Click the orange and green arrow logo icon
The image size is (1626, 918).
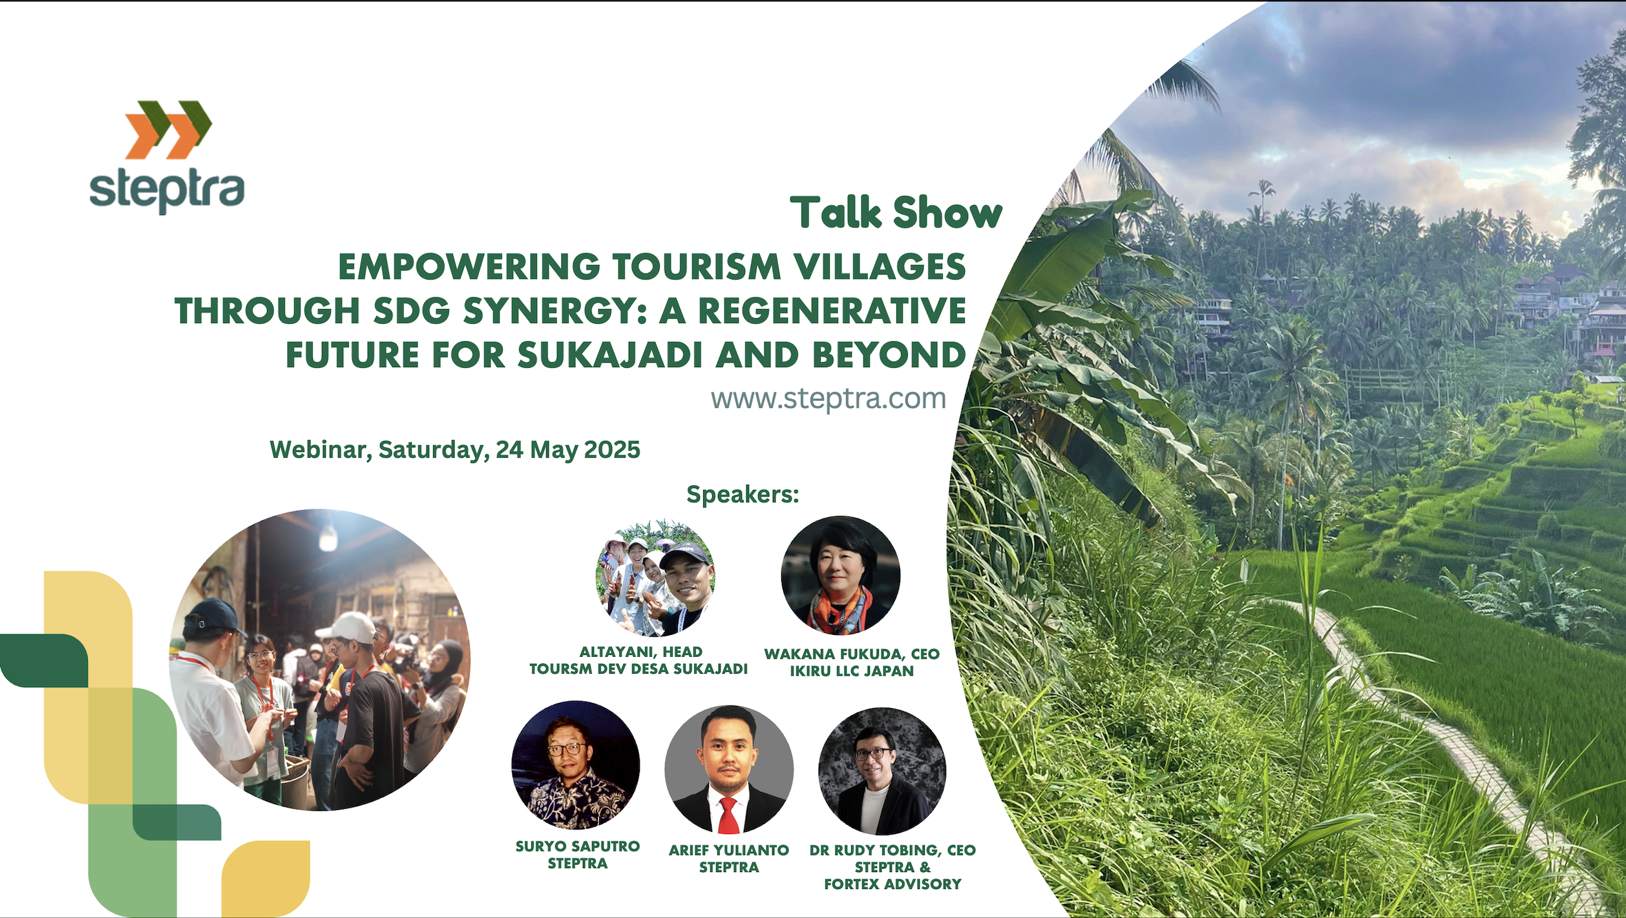pos(169,129)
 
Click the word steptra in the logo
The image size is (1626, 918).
pos(167,191)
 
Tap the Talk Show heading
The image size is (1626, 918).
pos(896,213)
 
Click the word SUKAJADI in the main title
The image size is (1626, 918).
pos(610,355)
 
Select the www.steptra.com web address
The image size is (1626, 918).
pos(829,398)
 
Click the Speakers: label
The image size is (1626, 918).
pos(743,495)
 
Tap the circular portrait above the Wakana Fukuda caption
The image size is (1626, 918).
pos(840,575)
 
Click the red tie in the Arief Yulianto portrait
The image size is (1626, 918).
pos(728,815)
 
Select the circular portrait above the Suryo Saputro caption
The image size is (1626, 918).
pos(576,765)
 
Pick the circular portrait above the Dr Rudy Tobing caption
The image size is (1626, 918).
pos(882,771)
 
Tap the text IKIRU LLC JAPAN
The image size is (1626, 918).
pos(852,671)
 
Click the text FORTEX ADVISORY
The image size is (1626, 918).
pos(892,884)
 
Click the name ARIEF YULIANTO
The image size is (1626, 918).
pos(729,850)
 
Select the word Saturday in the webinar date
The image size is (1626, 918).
pos(434,450)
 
